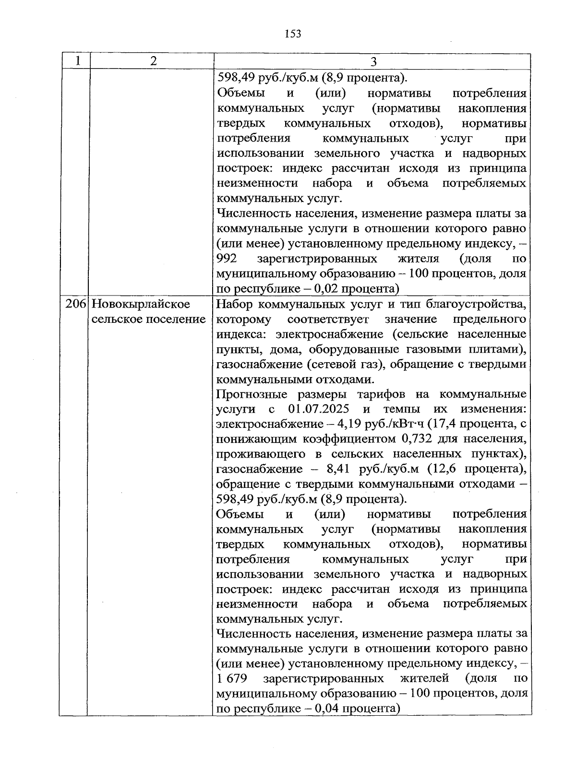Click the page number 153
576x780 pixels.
[293, 34]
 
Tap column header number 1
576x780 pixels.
[77, 61]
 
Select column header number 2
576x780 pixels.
[153, 61]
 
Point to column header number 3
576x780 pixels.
[373, 62]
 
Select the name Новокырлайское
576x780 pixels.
[140, 304]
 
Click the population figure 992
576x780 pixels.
[228, 259]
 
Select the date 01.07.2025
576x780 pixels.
[319, 409]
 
